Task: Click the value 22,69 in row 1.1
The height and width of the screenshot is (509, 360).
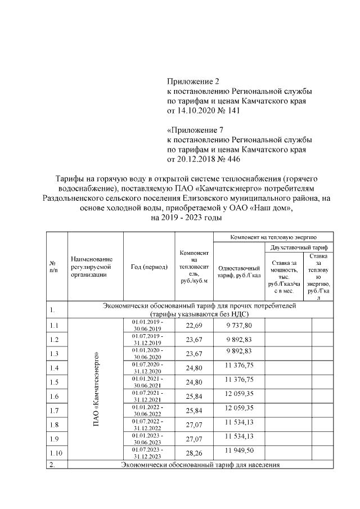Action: coord(194,326)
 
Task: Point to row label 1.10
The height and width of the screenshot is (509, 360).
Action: coord(55,453)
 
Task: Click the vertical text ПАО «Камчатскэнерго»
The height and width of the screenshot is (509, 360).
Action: coord(96,388)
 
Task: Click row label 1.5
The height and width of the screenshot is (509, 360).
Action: coord(54,382)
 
